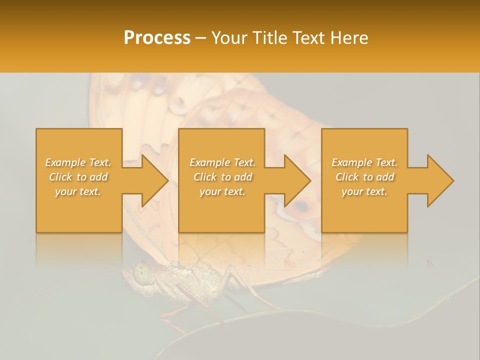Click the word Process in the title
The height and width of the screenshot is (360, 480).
[157, 38]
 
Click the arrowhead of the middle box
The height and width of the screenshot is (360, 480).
[294, 180]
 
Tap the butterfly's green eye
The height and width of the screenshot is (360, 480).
[142, 272]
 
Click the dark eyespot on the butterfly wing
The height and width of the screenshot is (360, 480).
[300, 206]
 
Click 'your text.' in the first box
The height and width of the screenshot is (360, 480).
[78, 191]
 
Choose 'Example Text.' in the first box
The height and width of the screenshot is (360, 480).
[78, 162]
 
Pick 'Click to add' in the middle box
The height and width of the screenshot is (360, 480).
[222, 177]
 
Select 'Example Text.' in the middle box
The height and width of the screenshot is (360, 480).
[222, 162]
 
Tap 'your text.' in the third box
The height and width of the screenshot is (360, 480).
[364, 191]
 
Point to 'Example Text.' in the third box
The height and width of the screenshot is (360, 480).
[364, 162]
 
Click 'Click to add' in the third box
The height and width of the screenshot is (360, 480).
[364, 177]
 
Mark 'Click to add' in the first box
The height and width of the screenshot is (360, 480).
[78, 177]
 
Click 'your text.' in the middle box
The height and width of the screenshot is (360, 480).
[222, 191]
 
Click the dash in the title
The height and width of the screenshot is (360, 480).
[201, 38]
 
